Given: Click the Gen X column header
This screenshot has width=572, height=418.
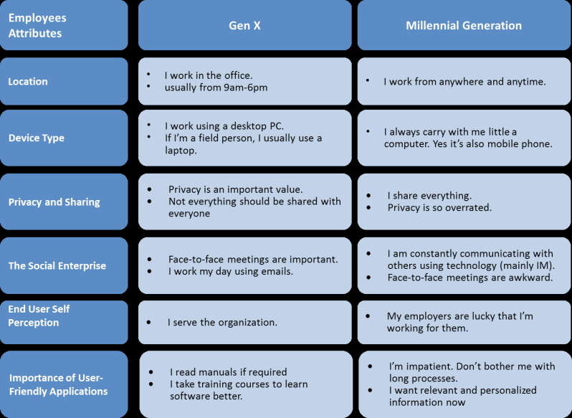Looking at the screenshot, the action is (x=244, y=26).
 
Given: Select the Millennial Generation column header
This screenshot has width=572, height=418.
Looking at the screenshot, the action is (x=464, y=26).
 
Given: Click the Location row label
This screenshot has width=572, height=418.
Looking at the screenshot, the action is (x=28, y=81).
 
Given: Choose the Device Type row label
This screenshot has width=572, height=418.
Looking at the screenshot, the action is (x=36, y=138).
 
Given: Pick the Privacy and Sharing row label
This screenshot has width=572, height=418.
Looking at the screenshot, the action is (x=54, y=202).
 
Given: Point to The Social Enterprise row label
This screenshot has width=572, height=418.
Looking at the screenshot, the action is (x=57, y=265).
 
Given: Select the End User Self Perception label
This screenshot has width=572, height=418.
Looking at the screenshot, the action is (x=39, y=315).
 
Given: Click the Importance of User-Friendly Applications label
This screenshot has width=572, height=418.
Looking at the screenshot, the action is (x=58, y=384).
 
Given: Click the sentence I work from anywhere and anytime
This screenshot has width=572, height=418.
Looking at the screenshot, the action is (x=464, y=82).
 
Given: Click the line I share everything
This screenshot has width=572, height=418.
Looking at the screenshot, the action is (x=430, y=196).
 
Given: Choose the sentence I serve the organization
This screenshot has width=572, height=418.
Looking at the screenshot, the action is (x=222, y=323).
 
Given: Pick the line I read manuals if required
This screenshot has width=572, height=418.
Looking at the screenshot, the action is (x=229, y=372).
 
